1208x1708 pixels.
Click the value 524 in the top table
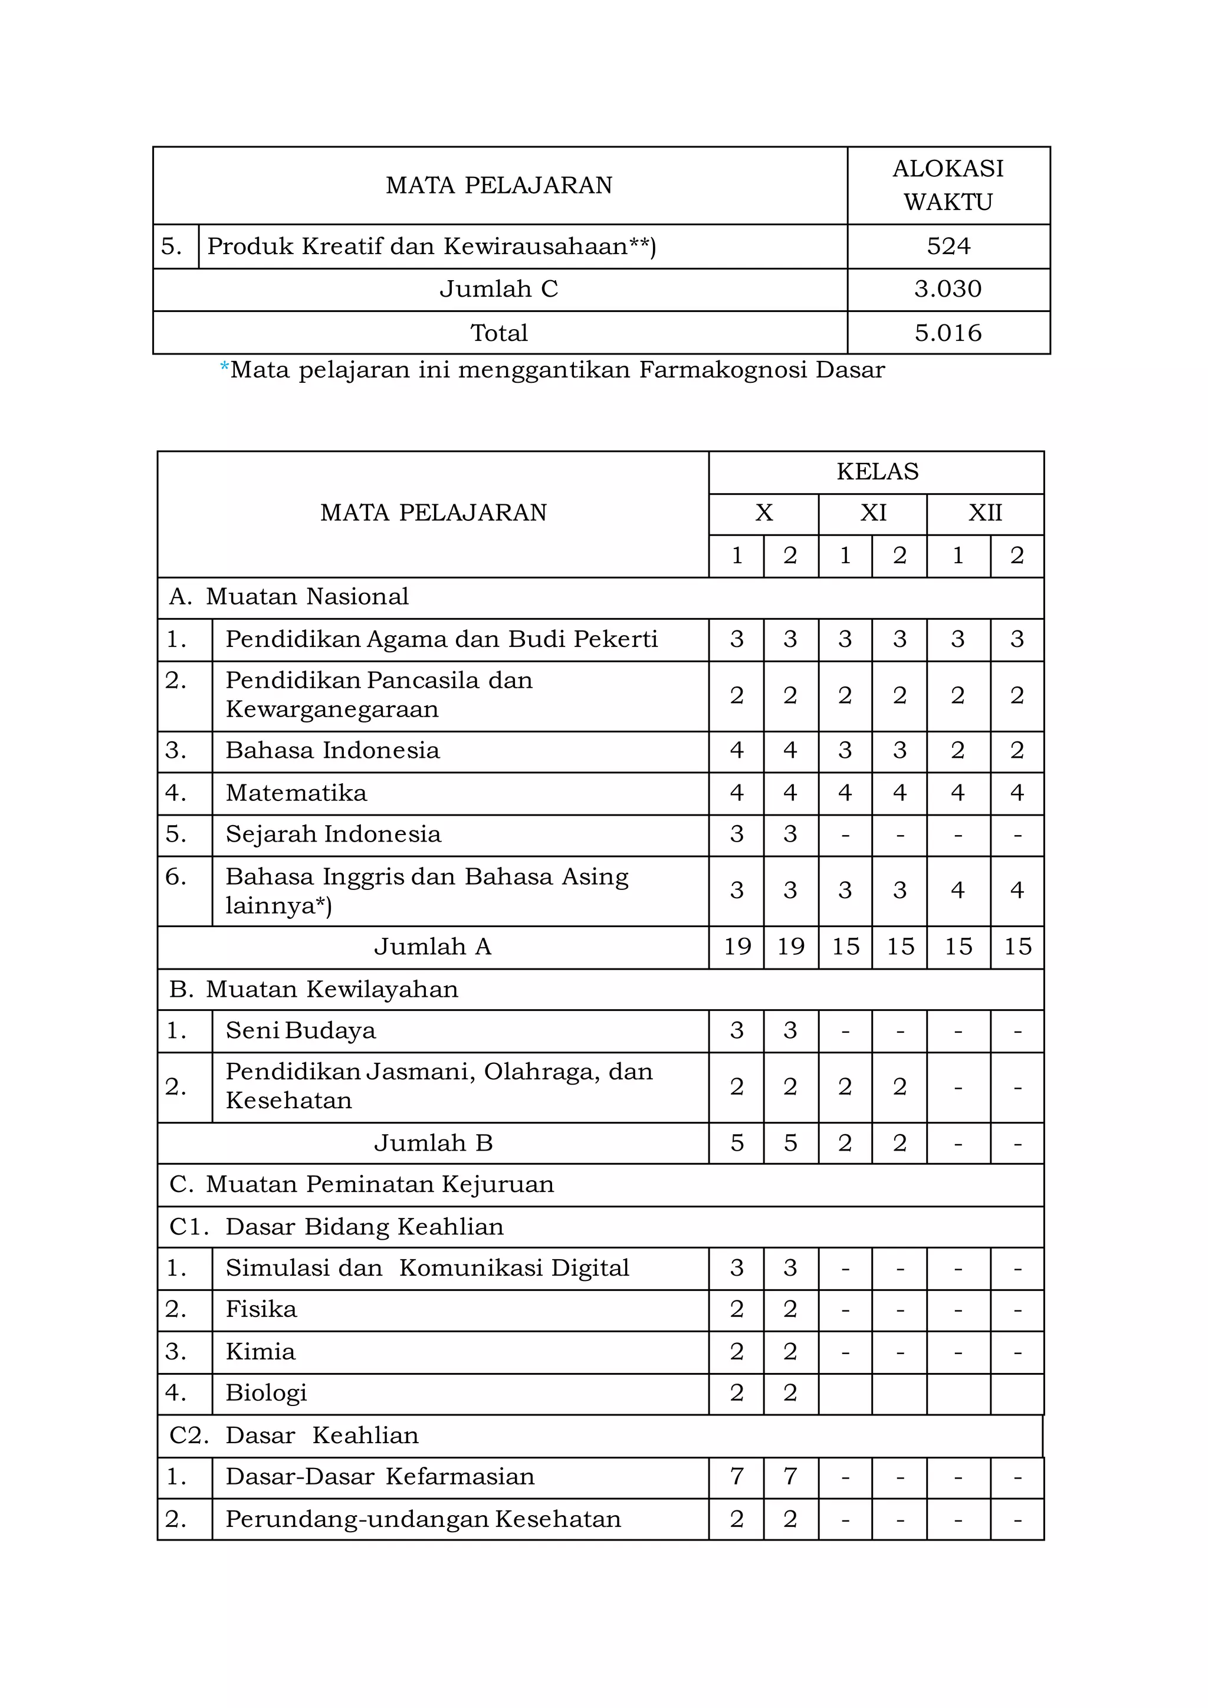click(x=948, y=246)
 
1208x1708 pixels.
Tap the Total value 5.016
click(x=948, y=333)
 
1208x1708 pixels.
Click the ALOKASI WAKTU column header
click(x=948, y=185)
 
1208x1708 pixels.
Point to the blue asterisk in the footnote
click(x=225, y=367)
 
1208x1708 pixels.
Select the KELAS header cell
click(x=877, y=472)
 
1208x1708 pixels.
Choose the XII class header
click(x=985, y=513)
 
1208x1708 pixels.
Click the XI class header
click(x=874, y=513)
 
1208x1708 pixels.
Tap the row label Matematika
click(x=296, y=793)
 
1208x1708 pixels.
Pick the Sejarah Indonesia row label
click(x=333, y=834)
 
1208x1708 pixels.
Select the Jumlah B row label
click(x=433, y=1142)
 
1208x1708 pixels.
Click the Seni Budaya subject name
click(x=300, y=1030)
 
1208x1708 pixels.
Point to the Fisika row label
click(x=261, y=1309)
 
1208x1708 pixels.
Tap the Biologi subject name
click(x=266, y=1392)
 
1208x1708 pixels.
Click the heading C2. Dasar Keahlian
click(x=294, y=1435)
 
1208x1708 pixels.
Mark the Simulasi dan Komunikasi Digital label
click(x=427, y=1267)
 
